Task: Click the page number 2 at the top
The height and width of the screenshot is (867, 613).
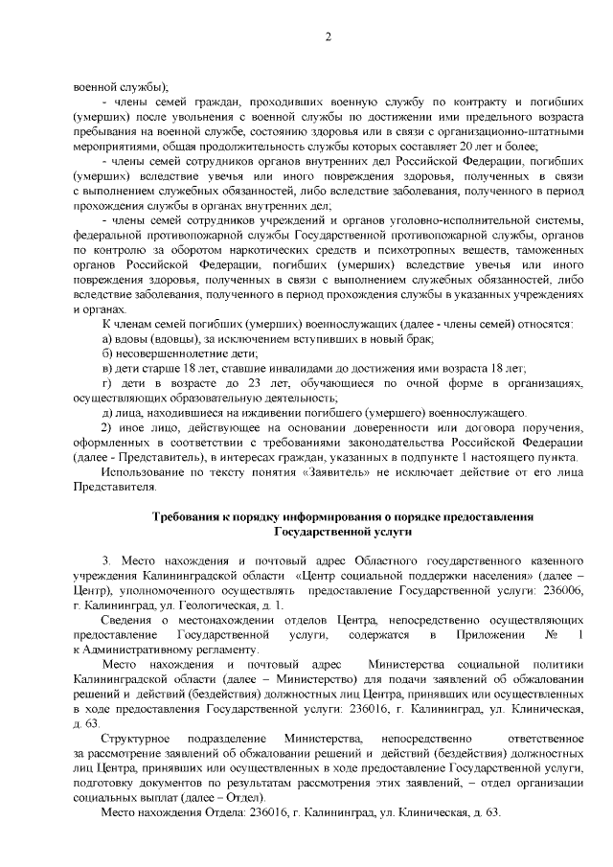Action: (328, 37)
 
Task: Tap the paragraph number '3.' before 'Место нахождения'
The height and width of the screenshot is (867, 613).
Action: (107, 559)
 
